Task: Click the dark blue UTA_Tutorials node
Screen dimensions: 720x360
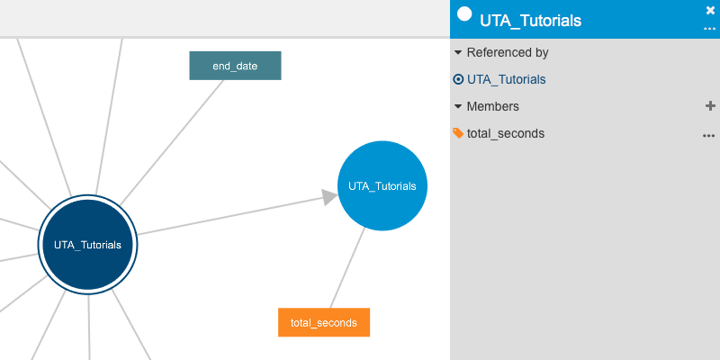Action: pyautogui.click(x=87, y=245)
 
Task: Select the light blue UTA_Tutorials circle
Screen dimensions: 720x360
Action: pyautogui.click(x=382, y=185)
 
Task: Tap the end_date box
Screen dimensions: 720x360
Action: pyautogui.click(x=235, y=66)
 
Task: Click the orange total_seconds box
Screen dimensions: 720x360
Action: pyautogui.click(x=324, y=322)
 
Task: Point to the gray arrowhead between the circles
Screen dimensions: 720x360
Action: pyautogui.click(x=329, y=197)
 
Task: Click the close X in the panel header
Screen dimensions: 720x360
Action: pyautogui.click(x=710, y=11)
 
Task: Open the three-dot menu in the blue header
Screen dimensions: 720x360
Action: pyautogui.click(x=709, y=29)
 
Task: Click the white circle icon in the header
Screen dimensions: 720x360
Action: pyautogui.click(x=464, y=13)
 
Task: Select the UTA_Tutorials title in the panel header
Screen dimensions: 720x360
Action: pyautogui.click(x=530, y=21)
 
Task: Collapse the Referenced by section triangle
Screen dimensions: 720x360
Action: pyautogui.click(x=458, y=53)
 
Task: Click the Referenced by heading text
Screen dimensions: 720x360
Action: pyautogui.click(x=508, y=53)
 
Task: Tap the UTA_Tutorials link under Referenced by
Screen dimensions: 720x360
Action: pyautogui.click(x=506, y=79)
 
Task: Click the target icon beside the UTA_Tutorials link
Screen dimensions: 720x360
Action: pyautogui.click(x=458, y=79)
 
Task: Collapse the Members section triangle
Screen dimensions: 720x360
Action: pyautogui.click(x=458, y=106)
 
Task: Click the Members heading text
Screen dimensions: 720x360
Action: pyautogui.click(x=492, y=106)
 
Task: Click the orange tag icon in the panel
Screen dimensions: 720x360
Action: pyautogui.click(x=458, y=133)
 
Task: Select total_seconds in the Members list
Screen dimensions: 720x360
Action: pyautogui.click(x=506, y=133)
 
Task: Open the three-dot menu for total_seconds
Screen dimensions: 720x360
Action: pyautogui.click(x=709, y=136)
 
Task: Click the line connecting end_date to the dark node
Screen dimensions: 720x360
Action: pyautogui.click(x=172, y=142)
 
